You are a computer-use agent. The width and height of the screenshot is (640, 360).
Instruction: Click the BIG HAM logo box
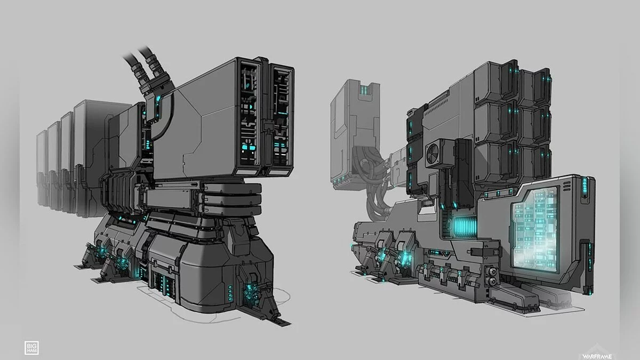[31, 348]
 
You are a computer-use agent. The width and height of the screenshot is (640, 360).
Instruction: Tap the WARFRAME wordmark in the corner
[597, 356]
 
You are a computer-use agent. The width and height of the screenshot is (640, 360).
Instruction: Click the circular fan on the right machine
[433, 154]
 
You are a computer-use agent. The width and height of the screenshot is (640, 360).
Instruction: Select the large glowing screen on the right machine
[535, 228]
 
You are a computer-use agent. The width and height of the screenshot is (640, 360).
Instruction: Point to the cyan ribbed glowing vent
[464, 227]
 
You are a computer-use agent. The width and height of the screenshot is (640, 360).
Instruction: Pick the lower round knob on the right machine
[492, 282]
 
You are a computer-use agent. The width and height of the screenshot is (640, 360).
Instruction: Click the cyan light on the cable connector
[158, 99]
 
